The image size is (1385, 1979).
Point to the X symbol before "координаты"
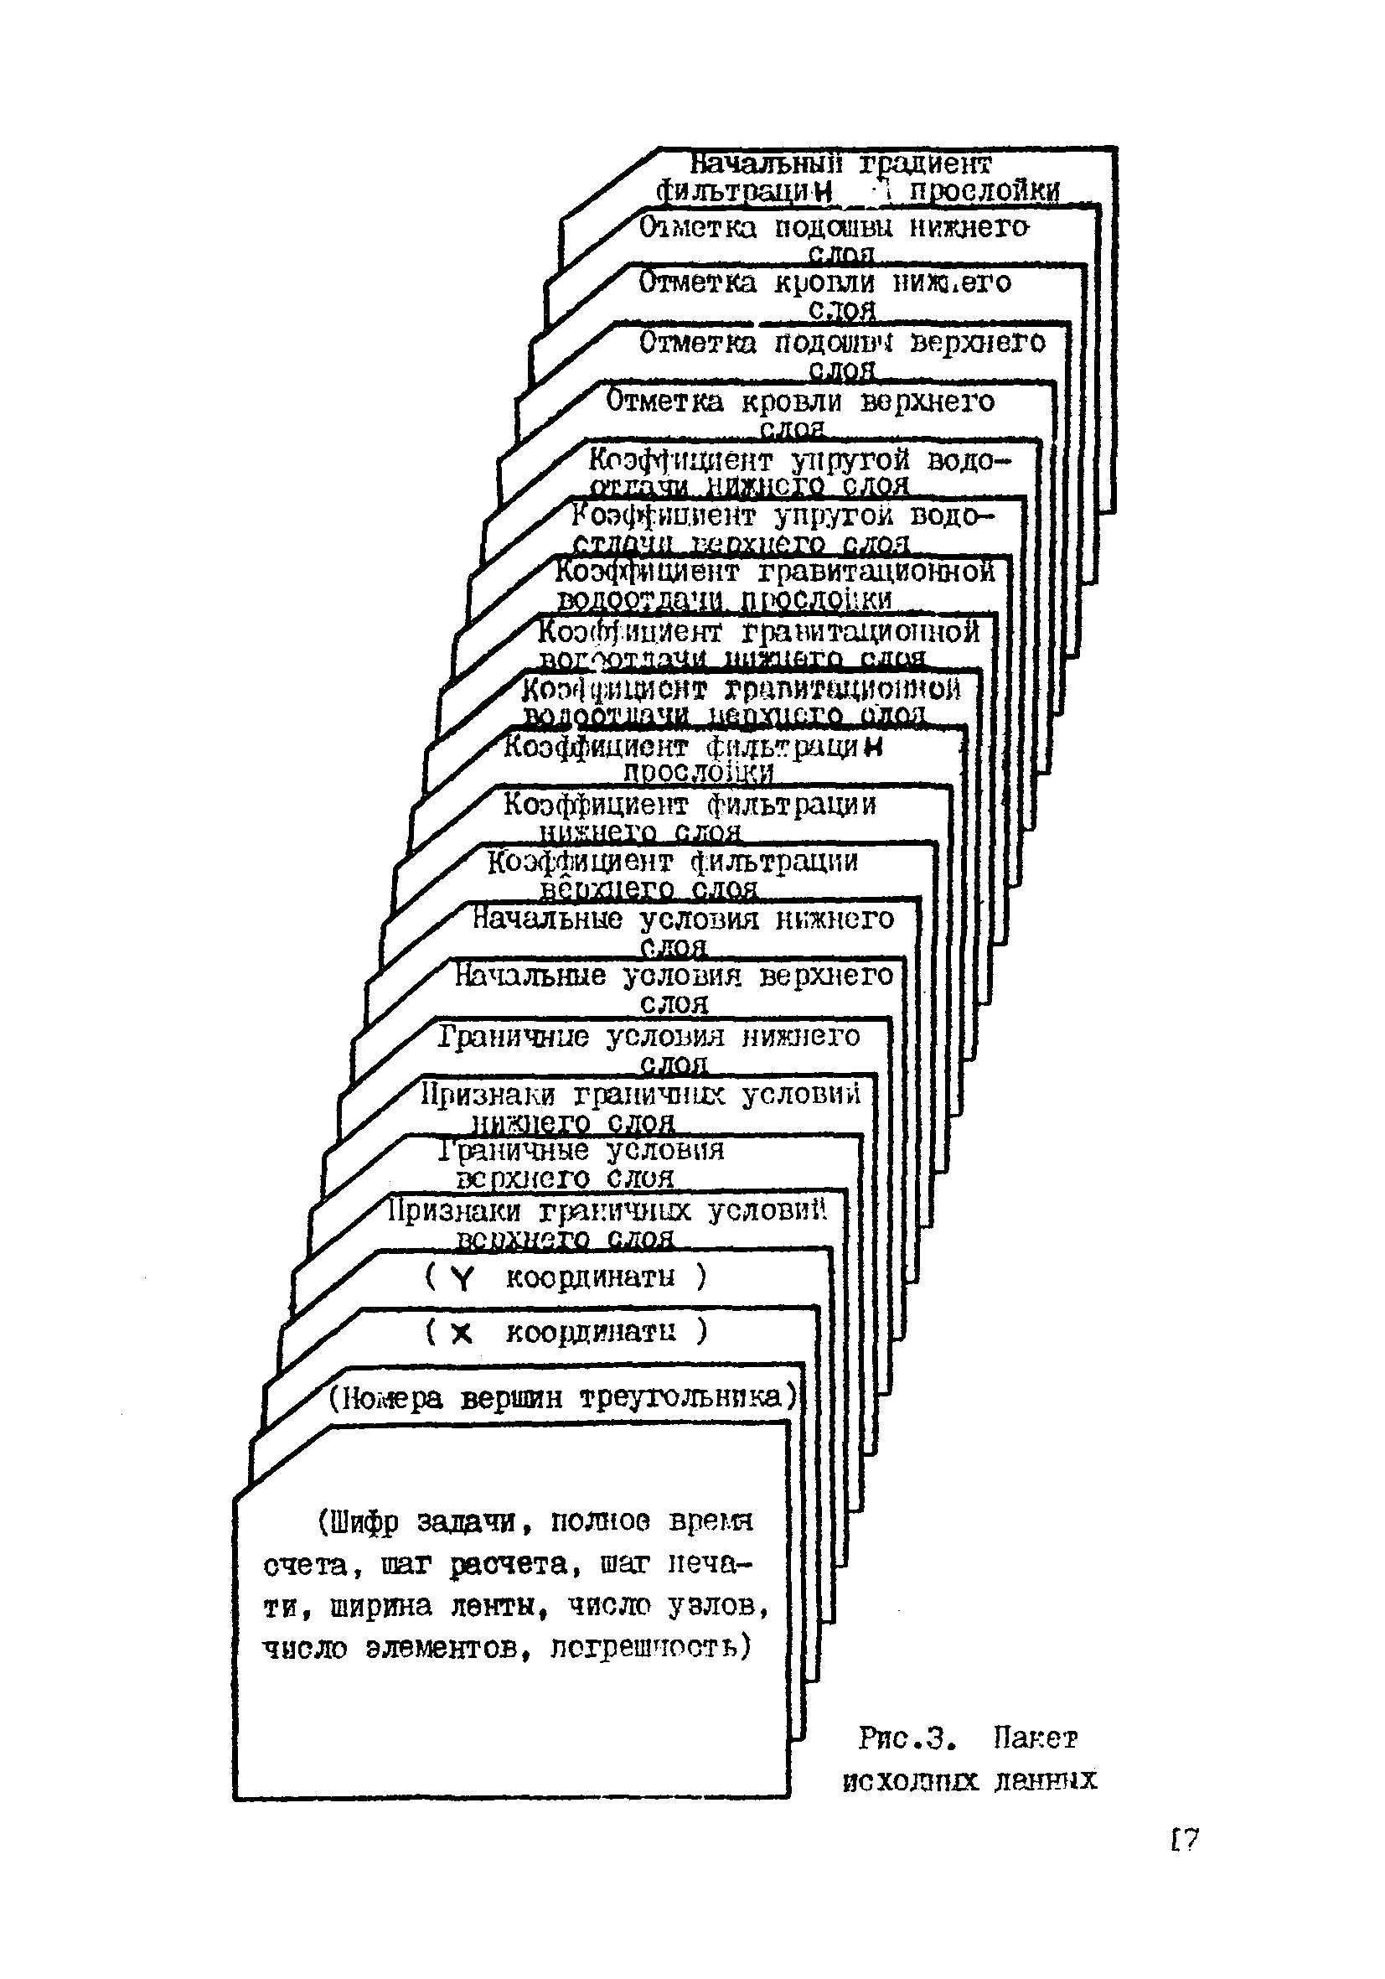(462, 1334)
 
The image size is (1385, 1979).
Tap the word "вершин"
(512, 1397)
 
